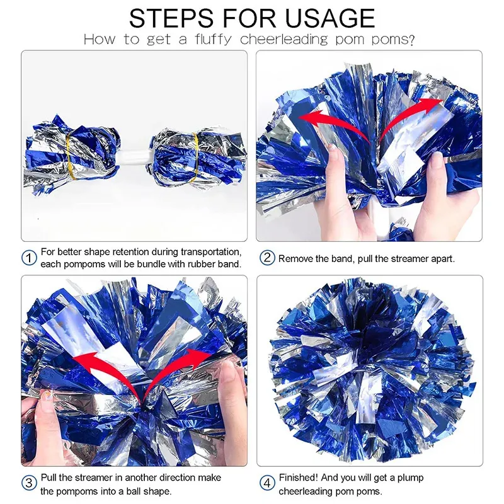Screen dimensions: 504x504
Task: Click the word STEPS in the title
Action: click(171, 18)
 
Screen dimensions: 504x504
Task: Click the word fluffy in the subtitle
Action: click(213, 40)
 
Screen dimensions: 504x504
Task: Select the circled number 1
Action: click(29, 258)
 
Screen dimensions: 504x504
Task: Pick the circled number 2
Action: click(267, 258)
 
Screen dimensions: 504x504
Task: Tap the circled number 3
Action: click(29, 483)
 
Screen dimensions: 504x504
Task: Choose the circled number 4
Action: click(267, 483)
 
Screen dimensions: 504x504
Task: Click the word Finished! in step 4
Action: click(298, 478)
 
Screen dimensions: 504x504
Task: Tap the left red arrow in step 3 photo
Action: click(109, 370)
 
